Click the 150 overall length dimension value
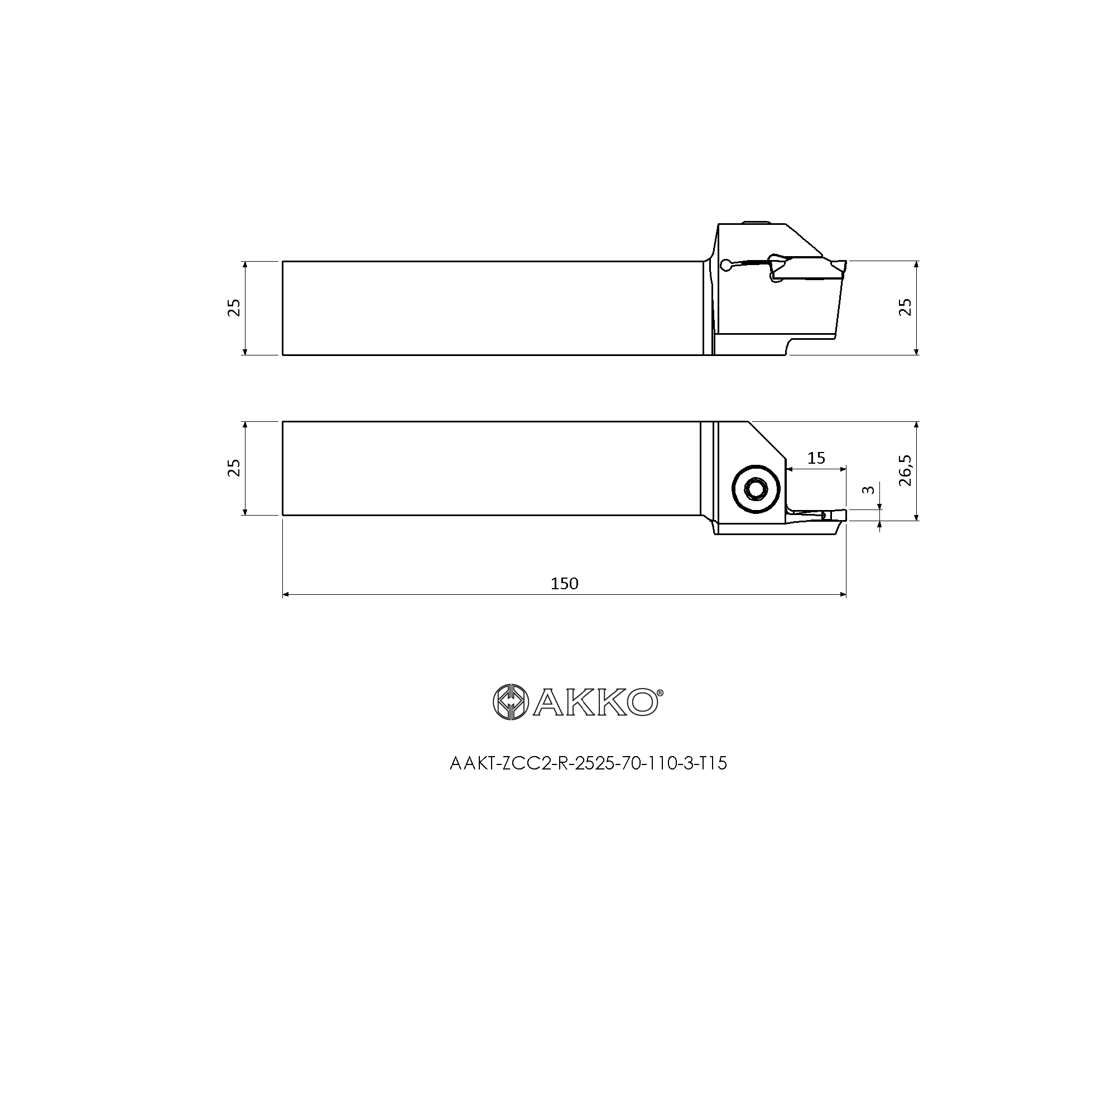tap(564, 584)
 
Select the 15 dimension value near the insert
tap(816, 458)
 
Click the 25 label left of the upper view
tap(234, 307)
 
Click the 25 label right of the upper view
tap(905, 307)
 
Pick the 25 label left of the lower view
tap(234, 468)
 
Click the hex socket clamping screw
tap(755, 490)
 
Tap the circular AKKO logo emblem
tap(511, 702)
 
